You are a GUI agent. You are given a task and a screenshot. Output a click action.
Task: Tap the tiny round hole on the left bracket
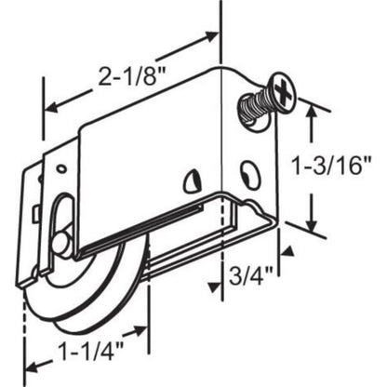[60, 169]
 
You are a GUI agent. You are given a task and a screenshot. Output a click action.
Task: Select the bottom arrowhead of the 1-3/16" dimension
[311, 226]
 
